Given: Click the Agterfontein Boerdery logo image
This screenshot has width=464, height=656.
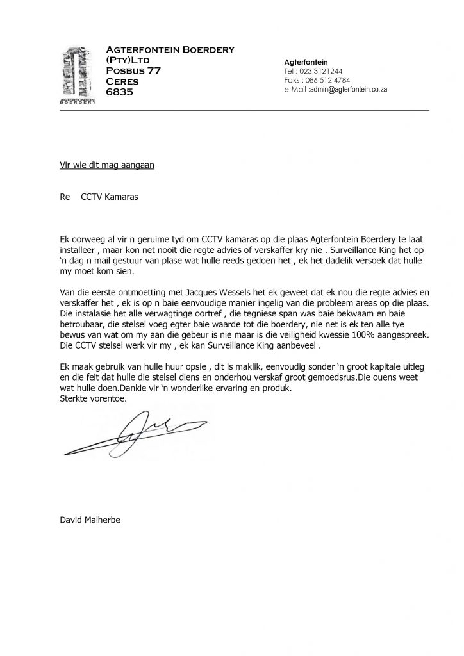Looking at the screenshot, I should [x=77, y=74].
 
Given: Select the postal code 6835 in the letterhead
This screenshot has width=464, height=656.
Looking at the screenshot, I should [x=119, y=92].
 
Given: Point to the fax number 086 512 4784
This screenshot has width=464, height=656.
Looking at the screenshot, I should [x=328, y=81].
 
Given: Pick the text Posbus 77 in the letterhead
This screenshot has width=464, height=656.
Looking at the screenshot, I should [x=133, y=70].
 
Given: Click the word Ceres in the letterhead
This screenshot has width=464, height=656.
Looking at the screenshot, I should [x=122, y=81].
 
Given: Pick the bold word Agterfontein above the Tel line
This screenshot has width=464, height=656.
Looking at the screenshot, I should [x=306, y=61].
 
